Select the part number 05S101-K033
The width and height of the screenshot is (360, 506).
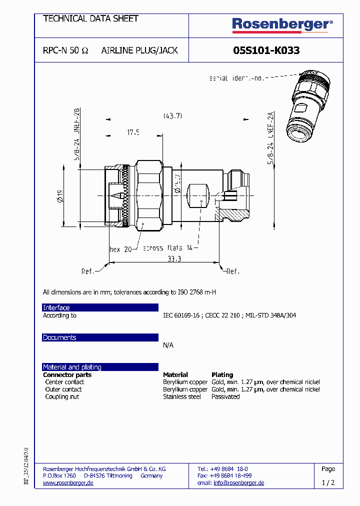(x=266, y=50)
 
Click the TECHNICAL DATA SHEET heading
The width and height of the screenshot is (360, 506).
(x=90, y=18)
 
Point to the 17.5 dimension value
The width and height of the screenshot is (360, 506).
(x=133, y=132)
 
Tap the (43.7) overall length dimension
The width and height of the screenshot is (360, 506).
(x=172, y=115)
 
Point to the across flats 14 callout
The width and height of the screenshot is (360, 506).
(x=167, y=248)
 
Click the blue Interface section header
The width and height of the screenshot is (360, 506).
(x=100, y=307)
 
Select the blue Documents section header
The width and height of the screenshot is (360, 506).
(x=100, y=337)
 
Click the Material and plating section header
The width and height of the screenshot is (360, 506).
(x=100, y=367)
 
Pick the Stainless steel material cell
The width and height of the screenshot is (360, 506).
(x=182, y=396)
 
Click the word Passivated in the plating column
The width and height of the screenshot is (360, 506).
(x=225, y=396)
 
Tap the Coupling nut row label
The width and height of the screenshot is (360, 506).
(x=62, y=396)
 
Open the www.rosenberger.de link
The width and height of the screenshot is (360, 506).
(x=68, y=483)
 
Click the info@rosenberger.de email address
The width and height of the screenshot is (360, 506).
(x=238, y=483)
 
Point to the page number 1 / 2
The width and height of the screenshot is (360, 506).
(x=328, y=483)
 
